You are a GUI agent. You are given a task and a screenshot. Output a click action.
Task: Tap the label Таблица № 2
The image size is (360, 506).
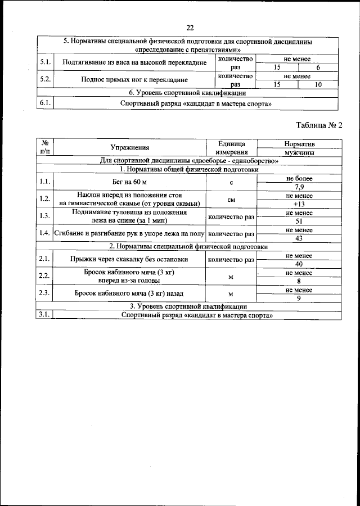click(x=319, y=125)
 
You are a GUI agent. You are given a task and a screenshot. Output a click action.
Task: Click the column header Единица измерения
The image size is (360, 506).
click(x=231, y=148)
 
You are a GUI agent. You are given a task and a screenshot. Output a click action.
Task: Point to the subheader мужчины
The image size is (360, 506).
click(x=299, y=152)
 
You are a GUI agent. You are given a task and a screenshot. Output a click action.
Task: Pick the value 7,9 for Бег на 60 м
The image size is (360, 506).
click(x=299, y=187)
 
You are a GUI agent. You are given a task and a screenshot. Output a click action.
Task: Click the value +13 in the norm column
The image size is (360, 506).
click(x=299, y=204)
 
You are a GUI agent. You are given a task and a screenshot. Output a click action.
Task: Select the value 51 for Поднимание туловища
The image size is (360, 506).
click(x=299, y=222)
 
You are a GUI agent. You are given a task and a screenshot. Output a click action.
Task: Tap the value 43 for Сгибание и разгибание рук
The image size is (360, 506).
click(x=299, y=238)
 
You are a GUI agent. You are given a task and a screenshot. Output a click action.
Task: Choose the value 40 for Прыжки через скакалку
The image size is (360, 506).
click(x=299, y=264)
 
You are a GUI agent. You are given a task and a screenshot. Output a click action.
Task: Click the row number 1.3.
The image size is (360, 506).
click(x=44, y=216)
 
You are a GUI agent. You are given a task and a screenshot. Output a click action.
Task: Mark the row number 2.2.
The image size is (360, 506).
click(x=44, y=276)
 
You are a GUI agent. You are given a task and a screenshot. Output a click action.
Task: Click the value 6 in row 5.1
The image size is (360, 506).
click(x=318, y=67)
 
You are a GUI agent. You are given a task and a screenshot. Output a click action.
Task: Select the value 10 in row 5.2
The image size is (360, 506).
click(x=318, y=84)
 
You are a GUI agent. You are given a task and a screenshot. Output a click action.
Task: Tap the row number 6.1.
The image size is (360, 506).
click(x=45, y=103)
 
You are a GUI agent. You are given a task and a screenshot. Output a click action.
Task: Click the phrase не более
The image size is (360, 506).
click(x=299, y=178)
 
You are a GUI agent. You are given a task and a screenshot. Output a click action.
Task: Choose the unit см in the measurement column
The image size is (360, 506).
click(x=231, y=200)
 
